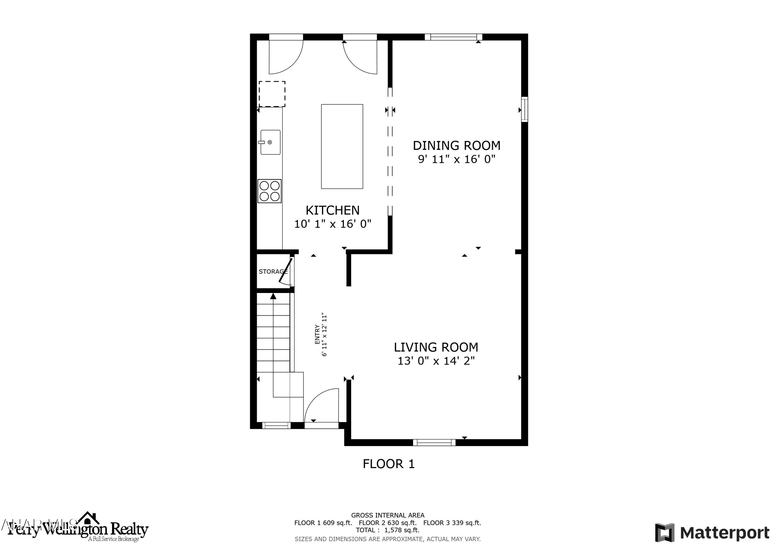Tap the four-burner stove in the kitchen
pos(269,191)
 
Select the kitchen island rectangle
pos(342,147)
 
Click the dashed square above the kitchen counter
pos(272,94)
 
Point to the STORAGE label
pos(273,271)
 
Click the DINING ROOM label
pos(456,146)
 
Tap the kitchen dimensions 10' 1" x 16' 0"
pos(332,224)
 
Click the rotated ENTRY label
pos(317,335)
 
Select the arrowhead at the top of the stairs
pos(273,296)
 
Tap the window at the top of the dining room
pos(453,37)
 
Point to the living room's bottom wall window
pos(434,442)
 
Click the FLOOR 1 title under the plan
pos(389,464)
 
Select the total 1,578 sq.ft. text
pos(387,530)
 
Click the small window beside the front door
pos(276,426)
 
